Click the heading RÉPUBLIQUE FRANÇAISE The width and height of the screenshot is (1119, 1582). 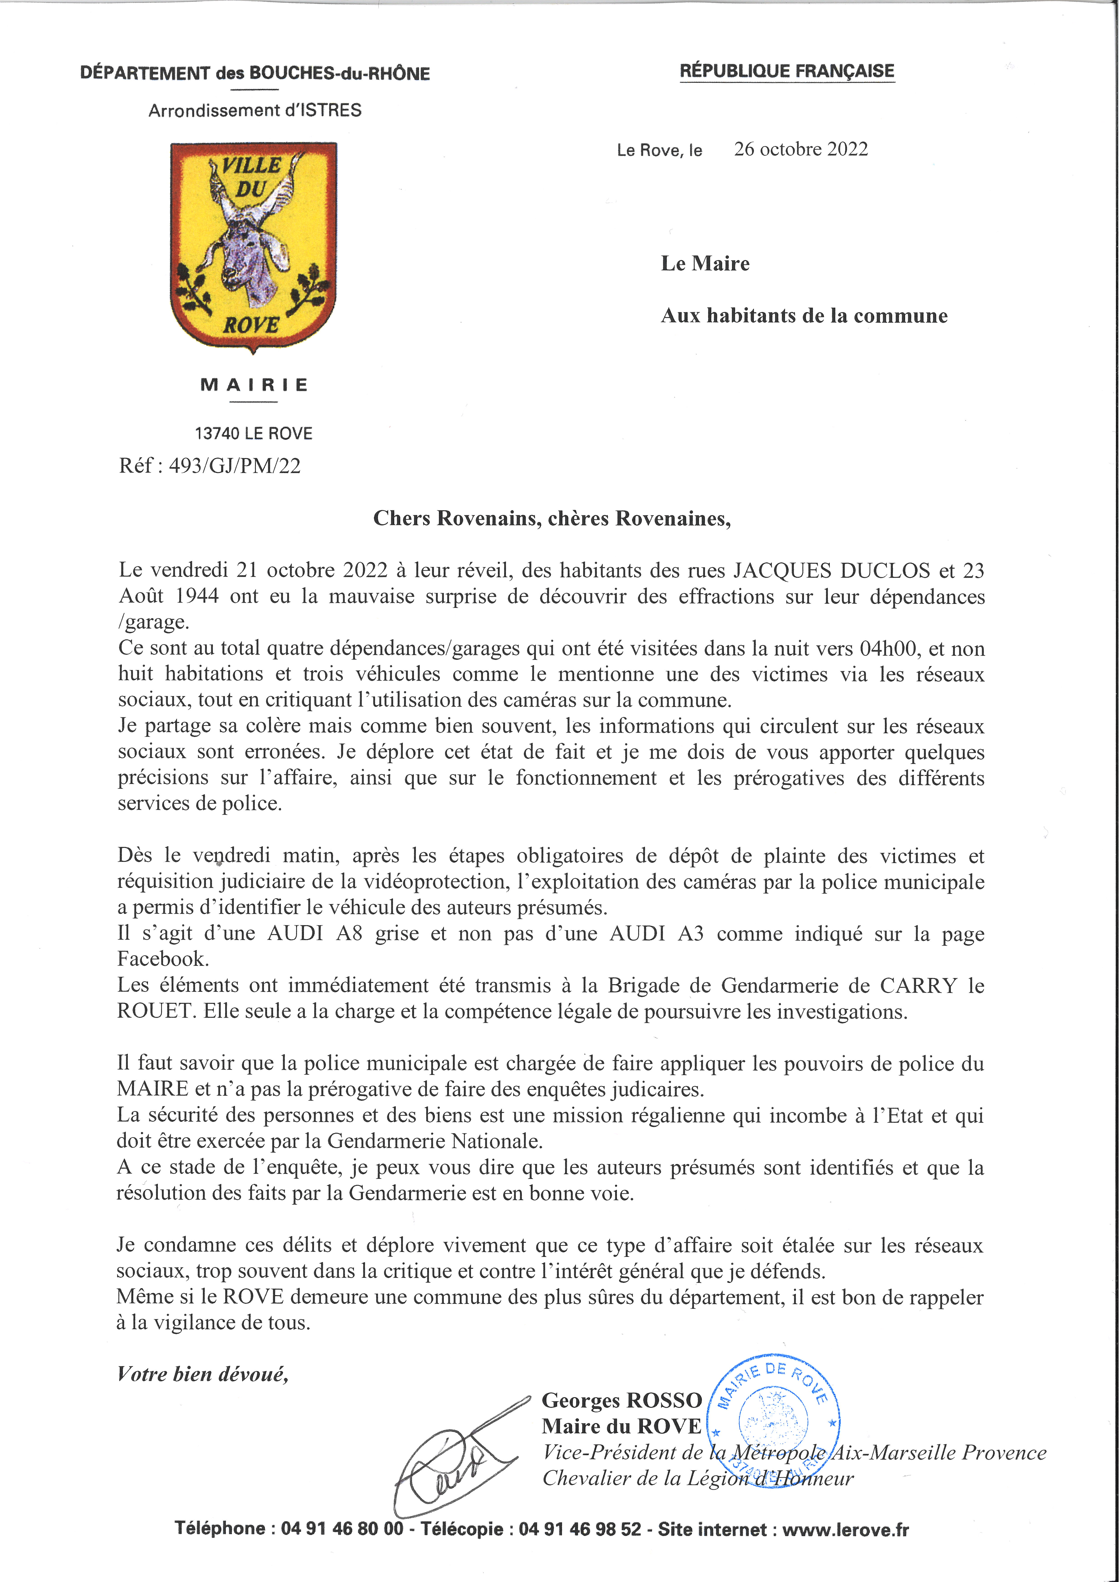pyautogui.click(x=787, y=71)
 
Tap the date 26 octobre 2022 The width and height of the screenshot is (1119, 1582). pyautogui.click(x=800, y=150)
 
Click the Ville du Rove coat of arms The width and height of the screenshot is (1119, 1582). pyautogui.click(x=253, y=246)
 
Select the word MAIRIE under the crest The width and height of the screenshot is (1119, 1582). pyautogui.click(x=254, y=385)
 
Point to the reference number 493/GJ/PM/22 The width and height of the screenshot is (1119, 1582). pyautogui.click(x=234, y=466)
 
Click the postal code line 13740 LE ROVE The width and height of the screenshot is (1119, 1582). pyautogui.click(x=254, y=433)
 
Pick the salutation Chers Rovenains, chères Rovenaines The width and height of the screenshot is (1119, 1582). pyautogui.click(x=552, y=518)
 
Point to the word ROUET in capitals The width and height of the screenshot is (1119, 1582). pyautogui.click(x=155, y=1011)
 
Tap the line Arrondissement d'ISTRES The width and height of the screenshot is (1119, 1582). pyautogui.click(x=255, y=110)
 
